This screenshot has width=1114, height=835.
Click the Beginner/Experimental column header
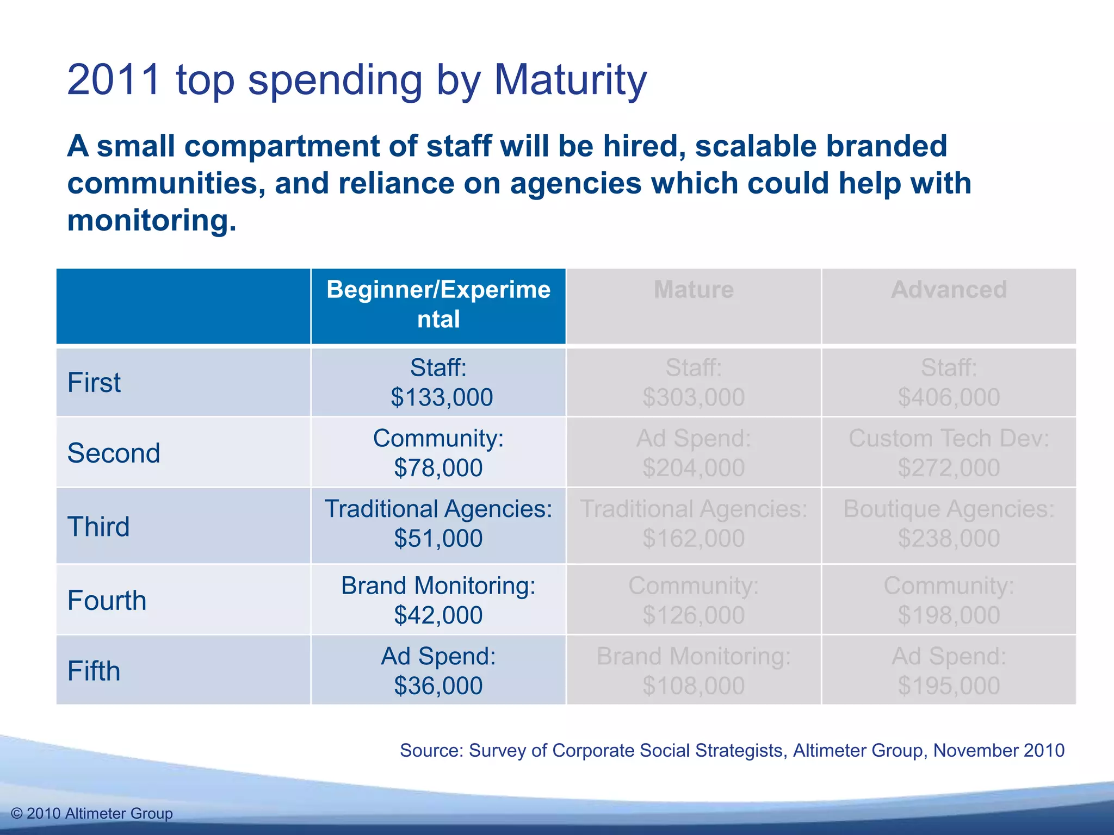coord(438,304)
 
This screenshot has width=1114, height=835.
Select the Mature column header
coord(694,290)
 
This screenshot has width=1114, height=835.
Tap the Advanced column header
coord(949,290)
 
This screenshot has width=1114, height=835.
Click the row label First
coord(94,382)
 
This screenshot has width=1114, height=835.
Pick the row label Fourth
coord(107,600)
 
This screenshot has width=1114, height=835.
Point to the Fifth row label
coord(94,671)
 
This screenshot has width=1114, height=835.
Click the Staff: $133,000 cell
coord(438,382)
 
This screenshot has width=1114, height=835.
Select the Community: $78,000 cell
coord(438,453)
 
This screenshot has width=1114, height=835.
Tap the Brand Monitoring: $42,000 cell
coord(438,600)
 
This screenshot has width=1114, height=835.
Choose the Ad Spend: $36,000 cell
coord(438,671)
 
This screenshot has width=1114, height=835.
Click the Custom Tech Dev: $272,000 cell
coord(949,453)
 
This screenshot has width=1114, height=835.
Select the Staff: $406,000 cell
coord(949,382)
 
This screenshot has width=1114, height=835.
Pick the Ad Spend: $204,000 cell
coord(694,453)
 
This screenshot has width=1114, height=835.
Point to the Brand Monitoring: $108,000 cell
coord(694,671)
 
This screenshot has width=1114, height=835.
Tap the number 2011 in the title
coord(114,79)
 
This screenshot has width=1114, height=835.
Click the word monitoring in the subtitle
coord(152,221)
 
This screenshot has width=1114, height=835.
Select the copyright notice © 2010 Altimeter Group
coord(92,813)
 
